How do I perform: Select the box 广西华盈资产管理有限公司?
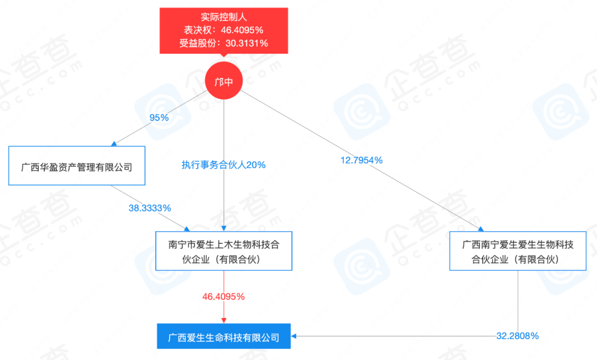[x=77, y=165]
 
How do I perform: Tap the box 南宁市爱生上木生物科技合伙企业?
[x=223, y=251]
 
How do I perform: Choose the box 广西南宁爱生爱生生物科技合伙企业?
[x=518, y=251]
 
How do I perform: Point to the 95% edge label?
[x=159, y=117]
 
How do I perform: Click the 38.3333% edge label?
[x=150, y=208]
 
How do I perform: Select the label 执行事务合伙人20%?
[x=223, y=164]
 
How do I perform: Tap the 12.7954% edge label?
[x=362, y=160]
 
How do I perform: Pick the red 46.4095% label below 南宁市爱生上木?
[x=223, y=296]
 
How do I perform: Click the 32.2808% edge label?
[x=517, y=336]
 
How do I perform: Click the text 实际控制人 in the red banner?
[x=224, y=17]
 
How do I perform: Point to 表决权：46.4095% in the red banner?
[x=224, y=30]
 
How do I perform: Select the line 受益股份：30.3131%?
[x=224, y=44]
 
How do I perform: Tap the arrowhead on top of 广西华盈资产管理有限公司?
[x=114, y=143]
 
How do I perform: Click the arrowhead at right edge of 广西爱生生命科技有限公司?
[x=295, y=336]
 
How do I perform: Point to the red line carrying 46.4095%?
[x=223, y=282]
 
